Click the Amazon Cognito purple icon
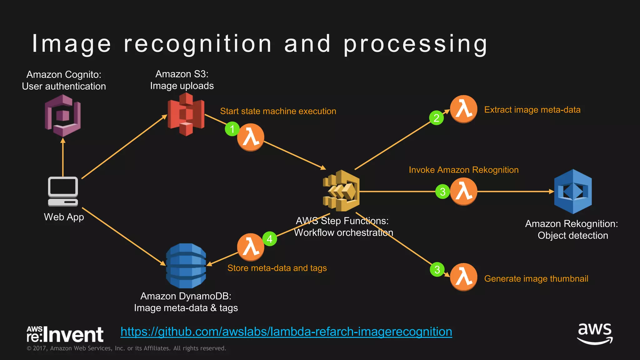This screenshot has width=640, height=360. click(63, 116)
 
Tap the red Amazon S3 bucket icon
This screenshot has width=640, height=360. click(186, 114)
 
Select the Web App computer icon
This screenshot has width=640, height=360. click(63, 191)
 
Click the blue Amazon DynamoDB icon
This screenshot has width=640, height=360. click(186, 266)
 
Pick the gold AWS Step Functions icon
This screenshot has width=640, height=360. click(341, 191)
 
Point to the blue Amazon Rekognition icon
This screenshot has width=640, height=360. click(573, 191)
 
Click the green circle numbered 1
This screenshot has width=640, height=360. click(232, 129)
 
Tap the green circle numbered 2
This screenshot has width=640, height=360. click(437, 118)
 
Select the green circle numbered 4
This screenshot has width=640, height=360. click(270, 239)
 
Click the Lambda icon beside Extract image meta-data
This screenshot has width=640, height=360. click(463, 109)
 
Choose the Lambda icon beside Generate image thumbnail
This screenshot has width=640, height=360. click(463, 277)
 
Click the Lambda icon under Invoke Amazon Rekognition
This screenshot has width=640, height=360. click(463, 191)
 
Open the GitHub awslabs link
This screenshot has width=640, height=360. click(286, 332)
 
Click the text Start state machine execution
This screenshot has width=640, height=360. click(278, 111)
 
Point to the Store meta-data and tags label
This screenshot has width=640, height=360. click(277, 268)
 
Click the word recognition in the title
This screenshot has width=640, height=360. click(198, 44)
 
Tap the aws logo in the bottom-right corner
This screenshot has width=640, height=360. click(595, 333)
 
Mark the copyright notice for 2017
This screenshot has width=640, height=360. click(126, 348)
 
